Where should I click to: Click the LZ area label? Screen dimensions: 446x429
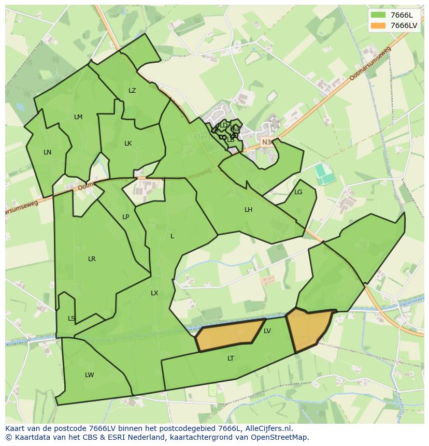132,91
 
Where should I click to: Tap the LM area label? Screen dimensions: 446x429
78,117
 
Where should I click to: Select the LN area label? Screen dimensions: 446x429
47,152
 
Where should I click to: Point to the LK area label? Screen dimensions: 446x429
128,143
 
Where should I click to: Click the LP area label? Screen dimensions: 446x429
125,217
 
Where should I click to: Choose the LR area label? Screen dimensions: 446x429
92,259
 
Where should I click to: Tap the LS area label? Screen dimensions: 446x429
71,319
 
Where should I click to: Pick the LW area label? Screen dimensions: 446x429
90,375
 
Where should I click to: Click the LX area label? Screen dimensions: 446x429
154,293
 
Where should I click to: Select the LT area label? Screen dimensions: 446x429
231,358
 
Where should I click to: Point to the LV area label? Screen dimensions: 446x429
267,331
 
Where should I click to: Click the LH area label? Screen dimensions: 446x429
249,210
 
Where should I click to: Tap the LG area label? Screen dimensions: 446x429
298,192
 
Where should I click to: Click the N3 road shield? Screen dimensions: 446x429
266,142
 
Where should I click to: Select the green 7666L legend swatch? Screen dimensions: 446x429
379,15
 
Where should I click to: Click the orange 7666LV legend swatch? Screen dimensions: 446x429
379,25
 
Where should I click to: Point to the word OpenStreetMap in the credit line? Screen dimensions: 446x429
280,438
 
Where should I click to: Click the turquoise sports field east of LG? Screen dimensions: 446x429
325,174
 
